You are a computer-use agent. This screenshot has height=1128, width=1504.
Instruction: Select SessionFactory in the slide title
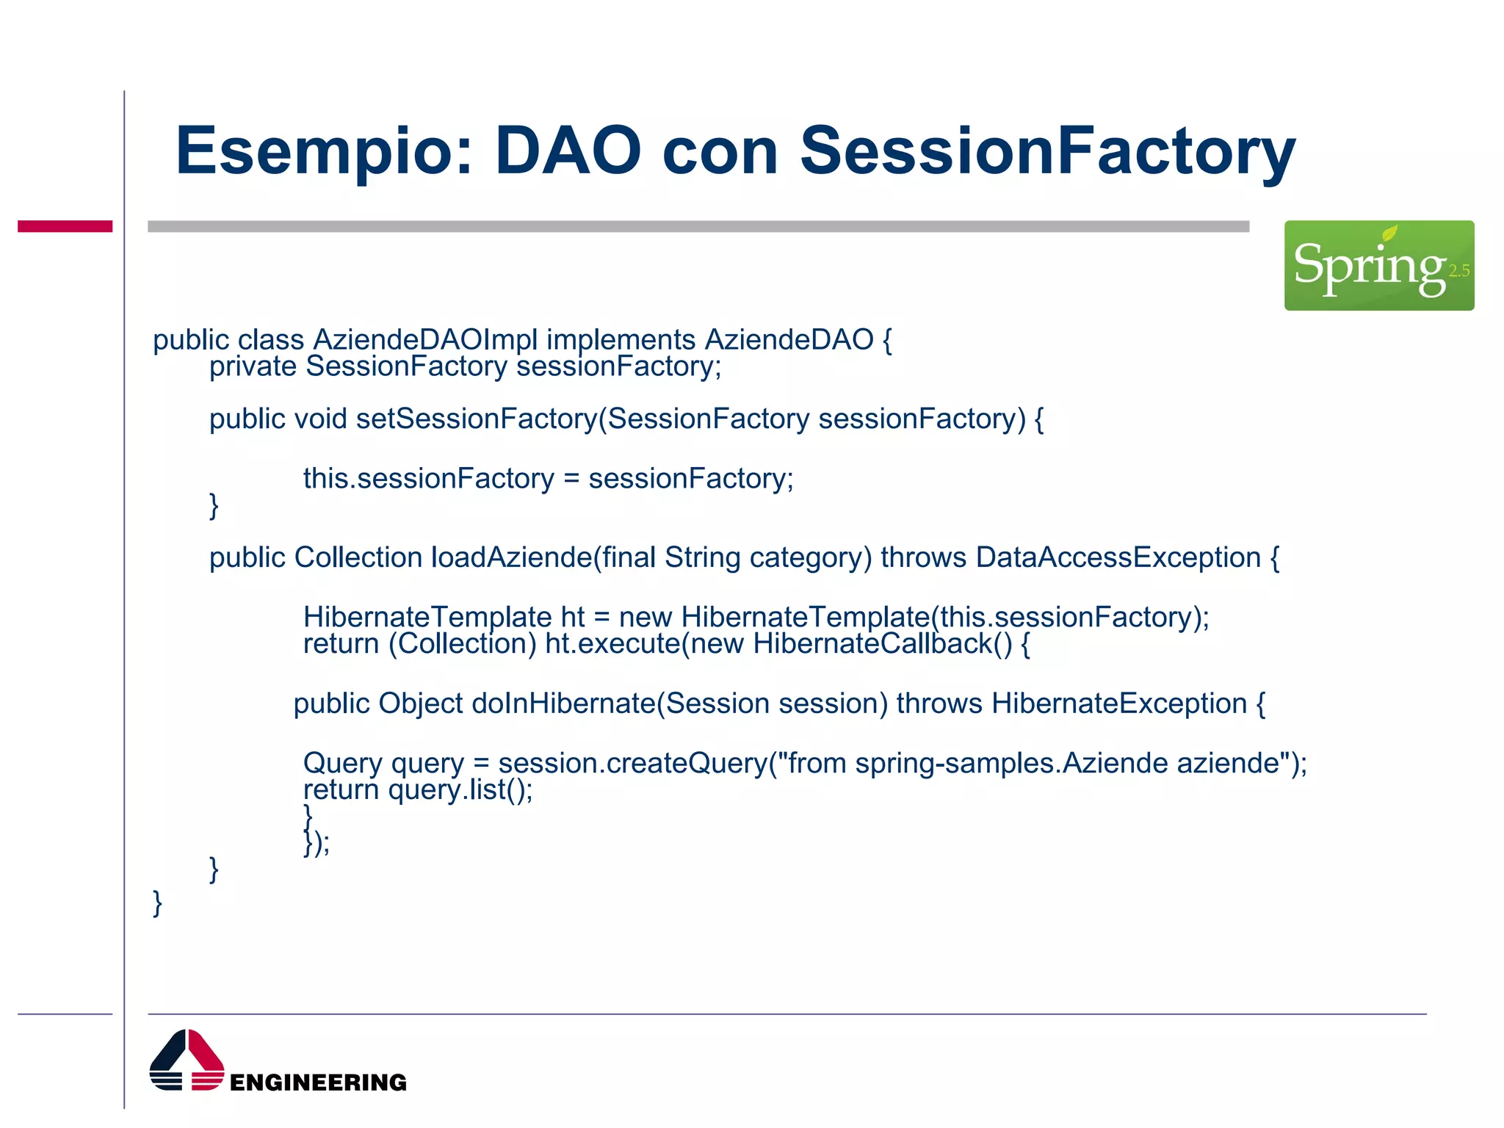tap(1047, 152)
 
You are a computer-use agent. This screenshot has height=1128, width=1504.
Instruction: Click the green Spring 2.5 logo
tap(1378, 265)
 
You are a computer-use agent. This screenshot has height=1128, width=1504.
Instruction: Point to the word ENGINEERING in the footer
tap(318, 1082)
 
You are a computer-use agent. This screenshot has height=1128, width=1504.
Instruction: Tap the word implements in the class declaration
tap(621, 340)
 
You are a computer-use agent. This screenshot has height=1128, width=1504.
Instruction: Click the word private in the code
tap(253, 366)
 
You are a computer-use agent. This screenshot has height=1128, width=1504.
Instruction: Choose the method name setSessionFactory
tap(477, 419)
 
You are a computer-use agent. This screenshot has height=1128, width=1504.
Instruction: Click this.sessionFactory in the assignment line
tap(428, 479)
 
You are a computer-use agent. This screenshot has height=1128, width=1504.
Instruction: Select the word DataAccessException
tap(1118, 557)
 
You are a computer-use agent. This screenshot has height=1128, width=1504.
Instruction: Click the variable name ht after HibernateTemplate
tap(573, 617)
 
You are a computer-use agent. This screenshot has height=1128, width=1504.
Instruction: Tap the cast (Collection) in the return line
tap(463, 644)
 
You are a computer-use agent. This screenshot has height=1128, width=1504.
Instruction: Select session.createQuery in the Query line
tap(632, 764)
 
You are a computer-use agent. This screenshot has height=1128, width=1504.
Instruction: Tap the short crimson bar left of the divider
tap(65, 226)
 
